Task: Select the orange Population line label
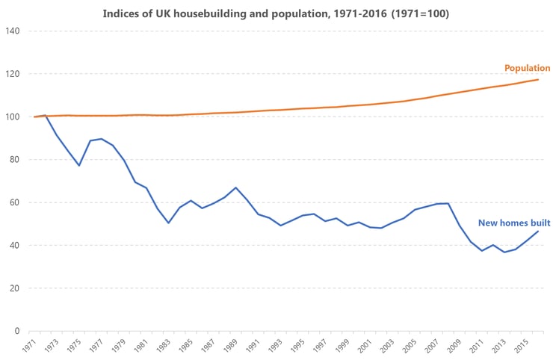(x=527, y=68)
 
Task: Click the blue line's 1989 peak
(x=235, y=187)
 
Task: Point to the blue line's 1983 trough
(x=168, y=223)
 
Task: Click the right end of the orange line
(x=538, y=80)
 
